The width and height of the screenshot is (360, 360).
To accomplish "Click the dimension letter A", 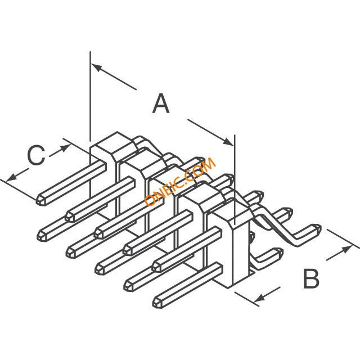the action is (161, 103).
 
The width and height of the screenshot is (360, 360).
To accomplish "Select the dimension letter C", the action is (36, 155).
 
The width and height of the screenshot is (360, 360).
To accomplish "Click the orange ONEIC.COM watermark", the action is (180, 181).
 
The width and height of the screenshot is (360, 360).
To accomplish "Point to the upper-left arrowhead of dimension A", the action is (96, 67).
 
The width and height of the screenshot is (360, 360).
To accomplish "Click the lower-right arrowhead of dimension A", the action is (229, 142).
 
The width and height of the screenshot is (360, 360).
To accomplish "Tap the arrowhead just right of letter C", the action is (65, 147).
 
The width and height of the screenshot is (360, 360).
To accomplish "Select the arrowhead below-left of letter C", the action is (11, 177).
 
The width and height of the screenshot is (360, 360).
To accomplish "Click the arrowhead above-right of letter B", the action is (347, 249).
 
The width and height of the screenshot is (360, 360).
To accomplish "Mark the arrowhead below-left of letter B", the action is (259, 299).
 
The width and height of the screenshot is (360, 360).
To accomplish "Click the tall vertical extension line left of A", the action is (90, 96).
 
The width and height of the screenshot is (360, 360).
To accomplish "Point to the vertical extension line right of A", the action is (235, 179).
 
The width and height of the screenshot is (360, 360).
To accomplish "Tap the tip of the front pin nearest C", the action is (40, 201).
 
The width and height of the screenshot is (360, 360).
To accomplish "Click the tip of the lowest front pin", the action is (157, 303).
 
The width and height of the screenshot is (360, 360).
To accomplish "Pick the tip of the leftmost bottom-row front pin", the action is (41, 236).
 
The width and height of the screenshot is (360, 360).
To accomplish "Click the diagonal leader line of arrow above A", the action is (114, 76).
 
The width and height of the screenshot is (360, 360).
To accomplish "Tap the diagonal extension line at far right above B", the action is (343, 238).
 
